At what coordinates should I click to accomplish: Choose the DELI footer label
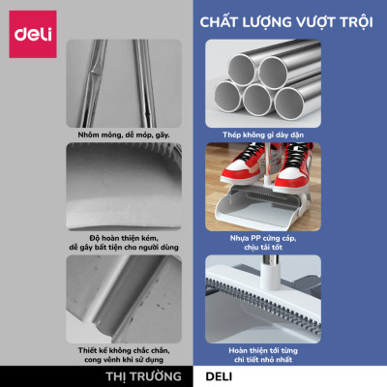pos(213,377)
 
